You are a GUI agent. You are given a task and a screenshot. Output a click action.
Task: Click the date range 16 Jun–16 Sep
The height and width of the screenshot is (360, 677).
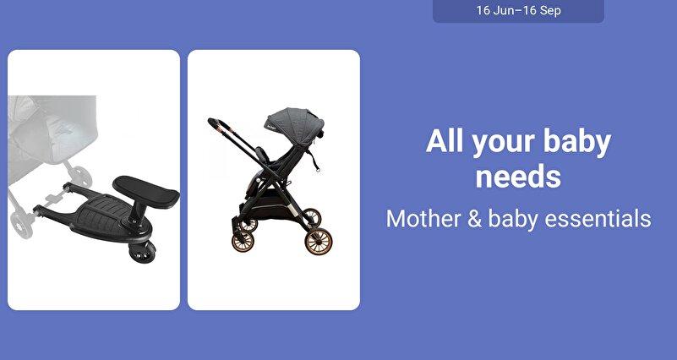(x=518, y=10)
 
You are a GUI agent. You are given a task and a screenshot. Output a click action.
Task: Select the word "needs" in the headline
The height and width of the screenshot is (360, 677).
(x=518, y=176)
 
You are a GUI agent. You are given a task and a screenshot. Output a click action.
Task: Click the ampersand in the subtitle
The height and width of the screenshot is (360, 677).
(x=474, y=218)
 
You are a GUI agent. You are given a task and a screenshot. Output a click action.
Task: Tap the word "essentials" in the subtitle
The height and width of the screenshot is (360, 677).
(x=598, y=218)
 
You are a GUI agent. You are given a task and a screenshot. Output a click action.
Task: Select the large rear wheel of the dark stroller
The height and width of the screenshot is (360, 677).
(x=318, y=242)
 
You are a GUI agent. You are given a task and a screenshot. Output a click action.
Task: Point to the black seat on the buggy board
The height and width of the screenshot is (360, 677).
(x=146, y=192)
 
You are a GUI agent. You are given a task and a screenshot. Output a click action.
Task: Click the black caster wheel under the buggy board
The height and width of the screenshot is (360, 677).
(x=142, y=253)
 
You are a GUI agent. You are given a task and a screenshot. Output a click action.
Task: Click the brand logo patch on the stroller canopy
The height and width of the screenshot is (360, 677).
(x=271, y=123)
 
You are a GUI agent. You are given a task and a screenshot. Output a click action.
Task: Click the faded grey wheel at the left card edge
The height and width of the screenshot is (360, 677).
(x=21, y=225)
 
